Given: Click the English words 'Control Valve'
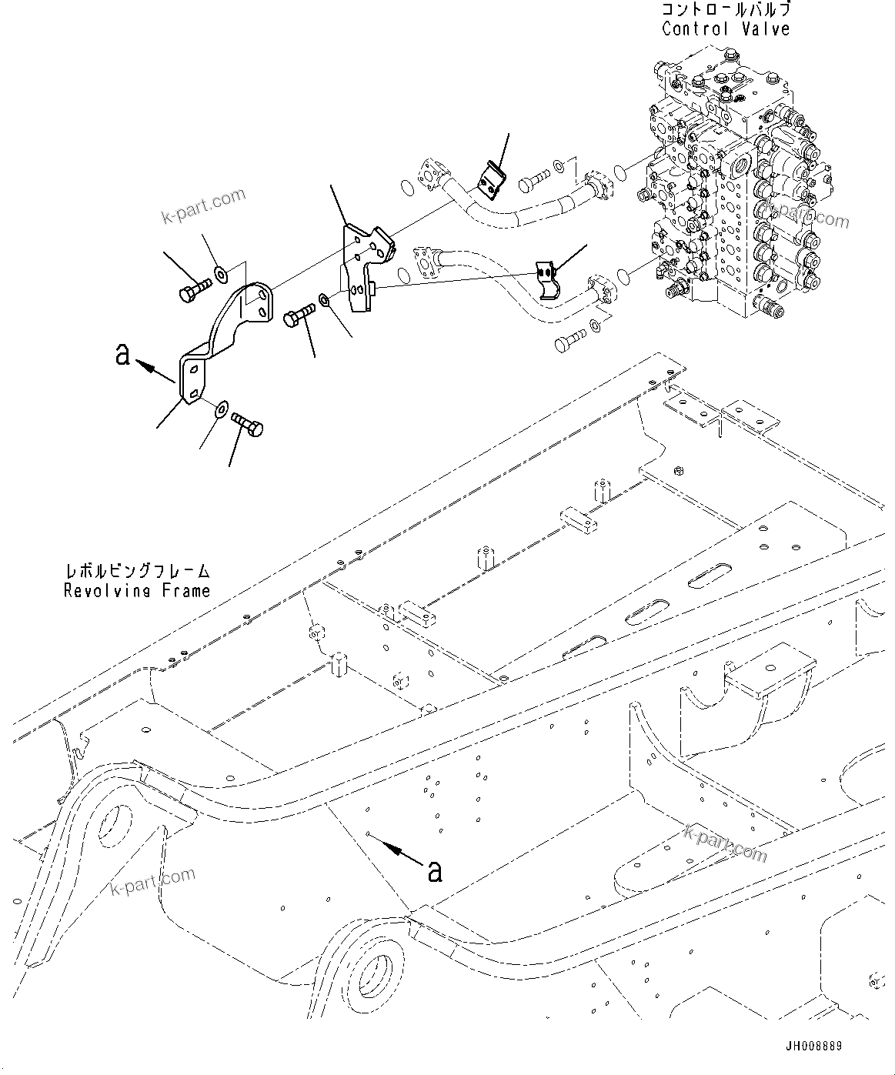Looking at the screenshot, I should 726,29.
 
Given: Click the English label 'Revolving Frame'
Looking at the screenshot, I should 137,591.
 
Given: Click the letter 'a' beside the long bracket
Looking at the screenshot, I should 122,355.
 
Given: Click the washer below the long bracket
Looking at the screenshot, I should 221,408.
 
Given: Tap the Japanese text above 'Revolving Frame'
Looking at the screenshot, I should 137,572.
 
